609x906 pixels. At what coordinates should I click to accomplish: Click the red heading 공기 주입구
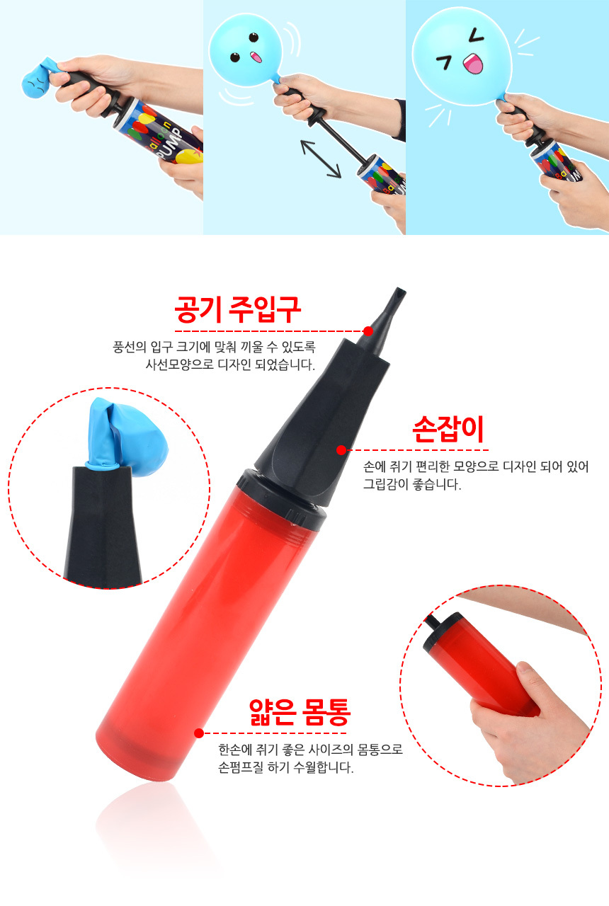238,309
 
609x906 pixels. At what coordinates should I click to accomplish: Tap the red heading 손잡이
448,429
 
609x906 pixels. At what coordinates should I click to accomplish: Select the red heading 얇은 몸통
300,712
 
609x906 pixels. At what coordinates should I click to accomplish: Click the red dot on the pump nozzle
368,331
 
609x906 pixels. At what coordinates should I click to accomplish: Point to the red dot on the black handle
341,449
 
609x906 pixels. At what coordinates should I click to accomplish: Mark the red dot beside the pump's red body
199,733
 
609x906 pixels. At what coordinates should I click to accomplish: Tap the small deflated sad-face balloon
38,79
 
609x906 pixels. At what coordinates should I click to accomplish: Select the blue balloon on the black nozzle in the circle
126,437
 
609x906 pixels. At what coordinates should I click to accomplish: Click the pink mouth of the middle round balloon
256,57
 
